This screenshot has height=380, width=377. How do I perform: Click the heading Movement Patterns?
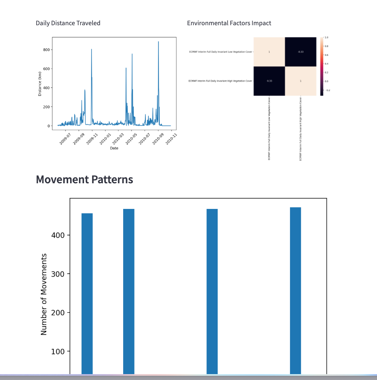pyautogui.click(x=84, y=179)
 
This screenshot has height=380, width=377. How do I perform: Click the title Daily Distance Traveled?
pyautogui.click(x=68, y=23)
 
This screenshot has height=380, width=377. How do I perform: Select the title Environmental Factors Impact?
pyautogui.click(x=229, y=23)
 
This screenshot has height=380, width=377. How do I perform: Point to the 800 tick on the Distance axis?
pyautogui.click(x=47, y=50)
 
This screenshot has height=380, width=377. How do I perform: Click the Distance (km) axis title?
pyautogui.click(x=40, y=84)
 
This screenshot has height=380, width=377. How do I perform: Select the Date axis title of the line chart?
pyautogui.click(x=114, y=148)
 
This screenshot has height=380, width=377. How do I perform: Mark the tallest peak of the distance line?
pyautogui.click(x=158, y=42)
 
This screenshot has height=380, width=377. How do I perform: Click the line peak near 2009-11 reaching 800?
pyautogui.click(x=92, y=50)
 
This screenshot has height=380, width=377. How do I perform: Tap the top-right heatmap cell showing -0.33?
pyautogui.click(x=301, y=52)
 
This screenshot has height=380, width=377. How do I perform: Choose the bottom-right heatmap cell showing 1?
pyautogui.click(x=301, y=81)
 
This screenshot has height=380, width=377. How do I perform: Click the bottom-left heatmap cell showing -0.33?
pyautogui.click(x=269, y=81)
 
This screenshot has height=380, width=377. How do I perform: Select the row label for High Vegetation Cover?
pyautogui.click(x=221, y=81)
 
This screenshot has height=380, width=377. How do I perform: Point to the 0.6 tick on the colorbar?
pyautogui.click(x=326, y=55)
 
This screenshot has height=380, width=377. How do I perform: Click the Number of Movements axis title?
pyautogui.click(x=44, y=294)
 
